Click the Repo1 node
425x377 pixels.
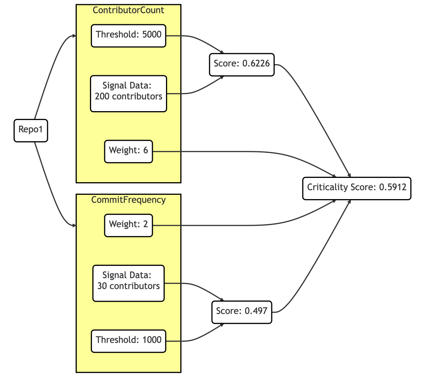[31, 130]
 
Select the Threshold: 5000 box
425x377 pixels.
[129, 36]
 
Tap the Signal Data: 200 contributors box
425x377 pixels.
[129, 93]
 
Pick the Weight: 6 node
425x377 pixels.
[129, 151]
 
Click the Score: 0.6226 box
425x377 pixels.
[242, 64]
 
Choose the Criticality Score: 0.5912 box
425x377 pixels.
[356, 188]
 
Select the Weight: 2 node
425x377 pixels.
[129, 225]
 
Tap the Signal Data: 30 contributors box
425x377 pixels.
[129, 283]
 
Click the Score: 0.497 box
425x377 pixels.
[242, 312]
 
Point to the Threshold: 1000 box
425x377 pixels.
[129, 341]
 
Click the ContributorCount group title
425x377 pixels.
[129, 10]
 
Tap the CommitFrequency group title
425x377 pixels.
[129, 200]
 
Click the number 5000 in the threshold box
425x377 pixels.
[152, 36]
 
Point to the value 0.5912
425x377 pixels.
[393, 188]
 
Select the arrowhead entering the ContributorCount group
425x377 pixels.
[74, 36]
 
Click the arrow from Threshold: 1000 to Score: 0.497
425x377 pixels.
[201, 337]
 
